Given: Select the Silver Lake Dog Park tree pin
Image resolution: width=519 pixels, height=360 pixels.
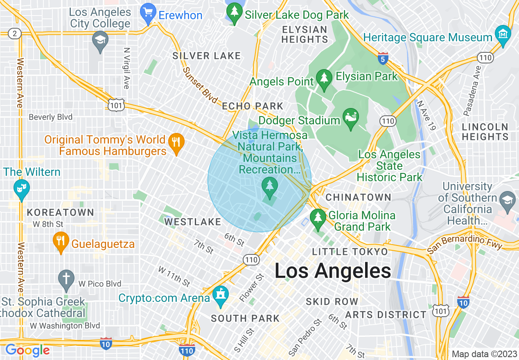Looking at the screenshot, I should click(235, 13).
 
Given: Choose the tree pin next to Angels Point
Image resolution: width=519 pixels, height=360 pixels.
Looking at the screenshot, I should click(324, 80).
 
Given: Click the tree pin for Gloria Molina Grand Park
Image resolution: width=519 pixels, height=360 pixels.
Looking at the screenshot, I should click(318, 219).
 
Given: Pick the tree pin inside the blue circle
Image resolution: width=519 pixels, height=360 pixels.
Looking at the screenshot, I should click(269, 188).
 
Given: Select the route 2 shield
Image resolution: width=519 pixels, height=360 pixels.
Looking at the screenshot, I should click(15, 34).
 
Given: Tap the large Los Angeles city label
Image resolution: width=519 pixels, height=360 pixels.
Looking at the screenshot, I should click(332, 271).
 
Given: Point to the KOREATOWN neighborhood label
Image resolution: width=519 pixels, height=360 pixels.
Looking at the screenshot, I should click(61, 213).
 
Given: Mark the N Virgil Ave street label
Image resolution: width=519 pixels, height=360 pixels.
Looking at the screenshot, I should click(126, 67).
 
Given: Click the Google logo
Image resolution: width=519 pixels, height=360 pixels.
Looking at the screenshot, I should click(27, 350).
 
